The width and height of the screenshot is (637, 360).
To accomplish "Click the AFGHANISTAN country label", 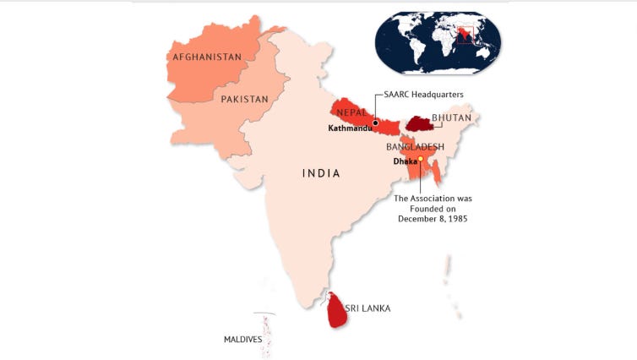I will pos(206,57).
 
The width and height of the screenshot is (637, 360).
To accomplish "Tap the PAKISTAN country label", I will pos(244,99).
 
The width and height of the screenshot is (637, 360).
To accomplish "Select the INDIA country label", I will pos(321,173).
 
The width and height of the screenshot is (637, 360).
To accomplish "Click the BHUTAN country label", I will pos(452,118).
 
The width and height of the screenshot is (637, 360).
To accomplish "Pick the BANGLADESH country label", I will pos(415,147).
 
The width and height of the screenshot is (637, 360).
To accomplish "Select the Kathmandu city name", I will pos(350,129).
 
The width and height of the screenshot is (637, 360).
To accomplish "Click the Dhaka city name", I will pos(405,161).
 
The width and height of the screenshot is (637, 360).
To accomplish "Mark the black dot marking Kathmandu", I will pos(375,123).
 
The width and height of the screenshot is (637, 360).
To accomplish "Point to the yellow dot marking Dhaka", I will pos(420,160).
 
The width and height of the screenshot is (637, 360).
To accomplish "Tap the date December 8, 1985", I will pos(433,218).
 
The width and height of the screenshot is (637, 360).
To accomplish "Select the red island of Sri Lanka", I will pos(337,310).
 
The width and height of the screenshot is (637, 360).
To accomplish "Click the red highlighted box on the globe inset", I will pos(462,35).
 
